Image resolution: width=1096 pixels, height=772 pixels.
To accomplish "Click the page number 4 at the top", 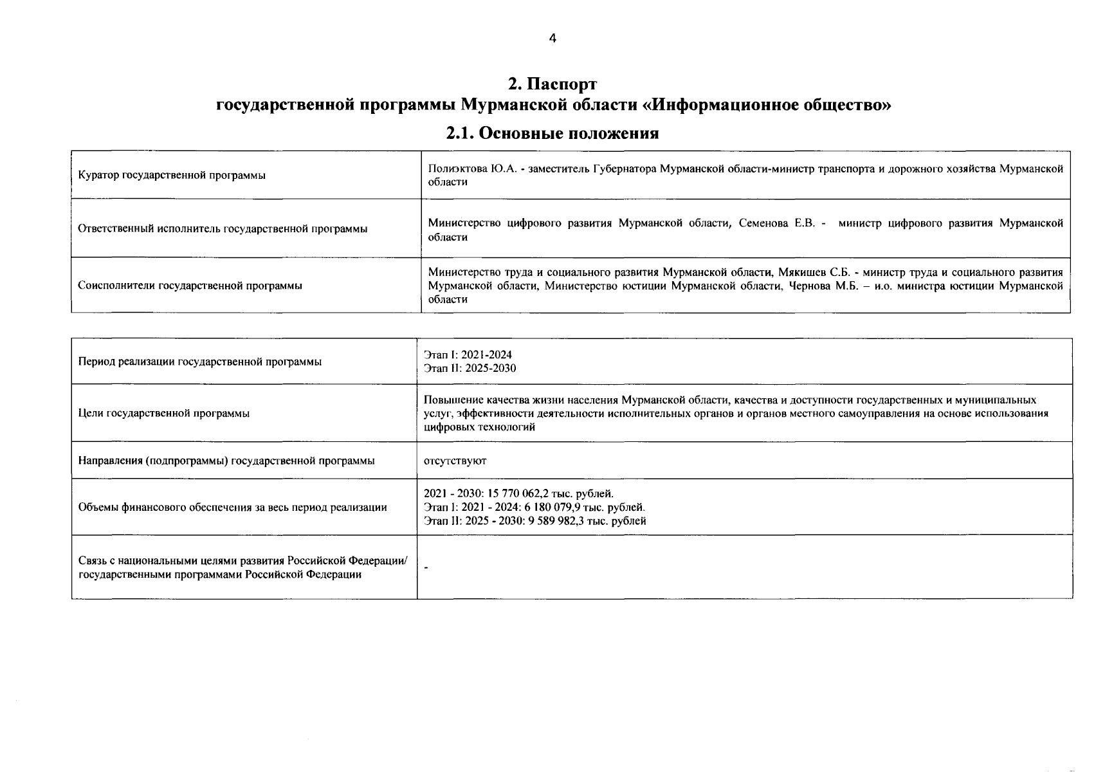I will [552, 39].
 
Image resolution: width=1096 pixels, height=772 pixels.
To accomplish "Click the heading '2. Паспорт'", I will [552, 84].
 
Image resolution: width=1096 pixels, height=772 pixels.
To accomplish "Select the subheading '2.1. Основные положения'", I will [553, 133].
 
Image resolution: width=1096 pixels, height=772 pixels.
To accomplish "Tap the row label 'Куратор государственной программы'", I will [172, 176].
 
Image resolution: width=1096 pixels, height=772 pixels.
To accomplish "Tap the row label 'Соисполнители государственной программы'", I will [190, 286].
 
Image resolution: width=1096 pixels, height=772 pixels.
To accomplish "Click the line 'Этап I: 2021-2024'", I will [468, 355].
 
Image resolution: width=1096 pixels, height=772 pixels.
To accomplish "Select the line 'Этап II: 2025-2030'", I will [470, 369].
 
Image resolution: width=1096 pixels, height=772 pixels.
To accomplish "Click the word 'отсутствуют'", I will [455, 461].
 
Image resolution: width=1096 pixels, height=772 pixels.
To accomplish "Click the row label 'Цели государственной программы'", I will [164, 413].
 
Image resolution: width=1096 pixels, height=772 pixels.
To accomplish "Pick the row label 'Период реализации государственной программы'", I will [199, 362].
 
